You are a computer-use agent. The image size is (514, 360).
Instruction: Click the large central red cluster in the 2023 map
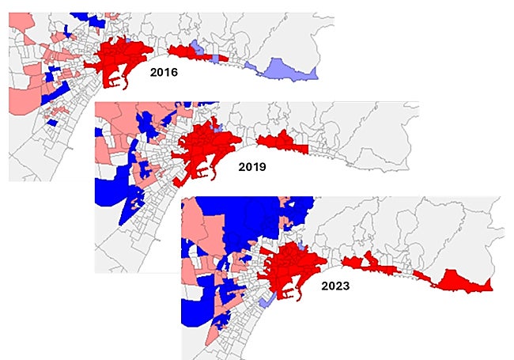[x=293, y=265]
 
